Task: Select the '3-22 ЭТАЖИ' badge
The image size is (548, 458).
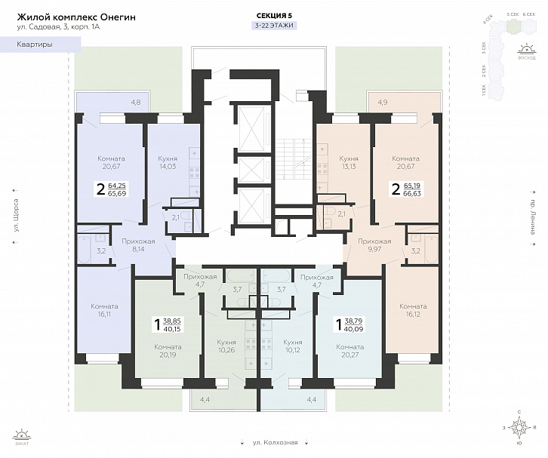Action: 274,26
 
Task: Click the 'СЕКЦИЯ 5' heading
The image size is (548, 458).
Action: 274,16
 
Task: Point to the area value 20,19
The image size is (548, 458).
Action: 168,355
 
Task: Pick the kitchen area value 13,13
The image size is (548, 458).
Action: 348,167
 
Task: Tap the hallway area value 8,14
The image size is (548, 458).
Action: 138,248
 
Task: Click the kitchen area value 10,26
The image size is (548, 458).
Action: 226,349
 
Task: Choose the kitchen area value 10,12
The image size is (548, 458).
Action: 293,349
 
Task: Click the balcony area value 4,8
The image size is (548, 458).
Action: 136,102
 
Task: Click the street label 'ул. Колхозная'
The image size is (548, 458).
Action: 274,443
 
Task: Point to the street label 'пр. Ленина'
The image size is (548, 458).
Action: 533,218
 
